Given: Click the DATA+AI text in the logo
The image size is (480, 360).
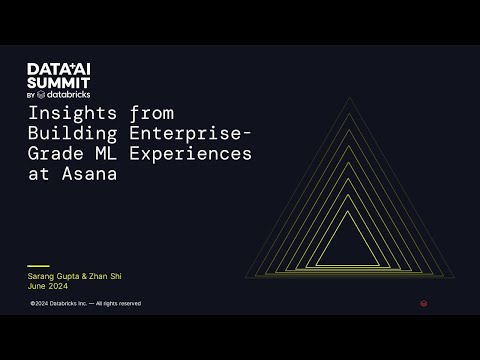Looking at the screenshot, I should (x=59, y=68).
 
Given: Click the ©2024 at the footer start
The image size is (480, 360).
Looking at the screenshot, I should (x=40, y=303).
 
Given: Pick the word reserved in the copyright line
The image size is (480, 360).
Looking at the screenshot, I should (x=130, y=303).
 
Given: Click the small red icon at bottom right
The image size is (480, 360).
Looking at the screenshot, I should (x=424, y=303).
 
